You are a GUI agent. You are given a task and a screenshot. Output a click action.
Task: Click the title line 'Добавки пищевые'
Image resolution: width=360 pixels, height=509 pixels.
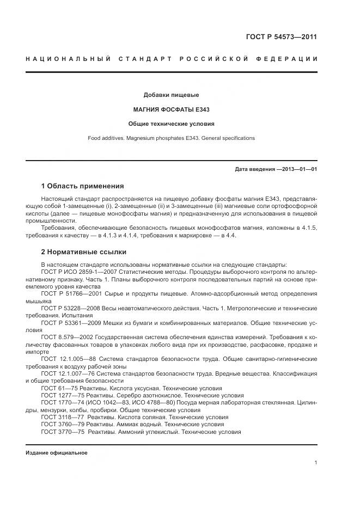(171, 95)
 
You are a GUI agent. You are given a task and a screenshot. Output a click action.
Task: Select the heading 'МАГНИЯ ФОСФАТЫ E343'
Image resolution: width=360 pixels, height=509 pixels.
(171, 109)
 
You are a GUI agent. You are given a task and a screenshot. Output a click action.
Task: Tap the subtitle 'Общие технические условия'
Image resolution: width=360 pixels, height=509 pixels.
(171, 124)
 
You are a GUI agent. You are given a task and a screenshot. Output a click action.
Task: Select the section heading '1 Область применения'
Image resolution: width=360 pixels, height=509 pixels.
(82, 186)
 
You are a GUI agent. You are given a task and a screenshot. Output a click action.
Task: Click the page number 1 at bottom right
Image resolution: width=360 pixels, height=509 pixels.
(315, 463)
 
